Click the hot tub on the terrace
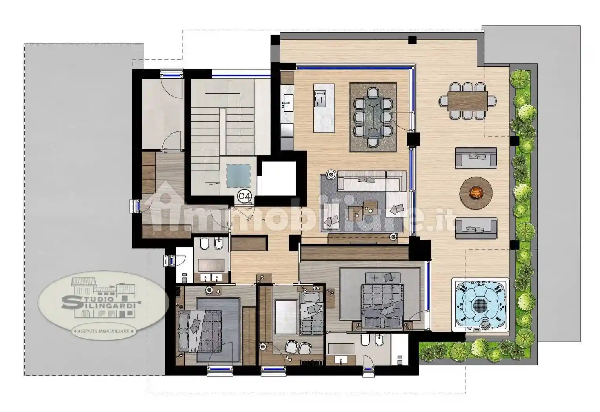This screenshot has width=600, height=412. click(x=480, y=305)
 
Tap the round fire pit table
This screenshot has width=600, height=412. click(x=476, y=193)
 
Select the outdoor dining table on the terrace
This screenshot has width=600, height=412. click(x=468, y=101)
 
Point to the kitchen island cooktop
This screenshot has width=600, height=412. click(x=320, y=98)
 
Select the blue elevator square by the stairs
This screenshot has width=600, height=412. click(x=238, y=175)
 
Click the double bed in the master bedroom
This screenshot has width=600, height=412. click(x=382, y=306)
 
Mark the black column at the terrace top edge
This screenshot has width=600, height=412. click(x=413, y=40)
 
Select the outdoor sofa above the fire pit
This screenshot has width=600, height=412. click(x=476, y=158)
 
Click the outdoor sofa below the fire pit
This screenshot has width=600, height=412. click(x=476, y=228)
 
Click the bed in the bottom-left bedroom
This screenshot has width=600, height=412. click(x=200, y=331)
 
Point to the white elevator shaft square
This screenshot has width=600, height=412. click(x=279, y=178)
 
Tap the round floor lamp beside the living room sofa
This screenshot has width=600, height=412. click(x=331, y=175)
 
